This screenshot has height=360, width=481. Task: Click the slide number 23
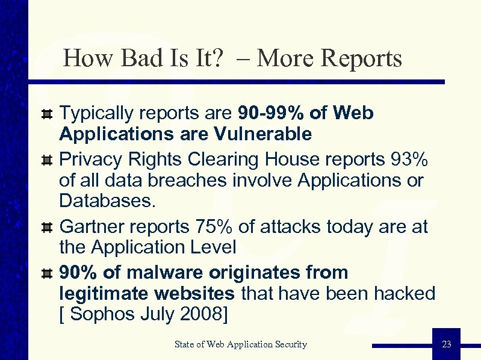(446, 344)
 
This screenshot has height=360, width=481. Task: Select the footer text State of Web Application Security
(240, 344)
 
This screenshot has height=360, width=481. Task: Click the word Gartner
(93, 226)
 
